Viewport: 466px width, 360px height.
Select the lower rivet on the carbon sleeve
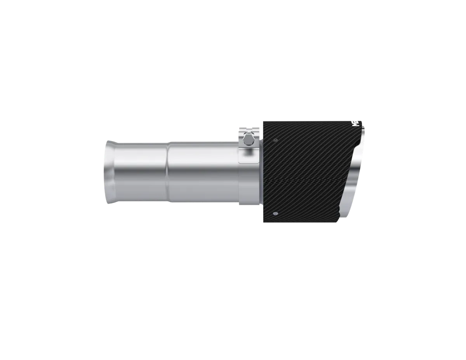coord(275,213)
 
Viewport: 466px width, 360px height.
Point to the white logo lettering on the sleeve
coord(355,123)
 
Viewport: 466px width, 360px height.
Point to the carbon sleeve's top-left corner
coord(264,122)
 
